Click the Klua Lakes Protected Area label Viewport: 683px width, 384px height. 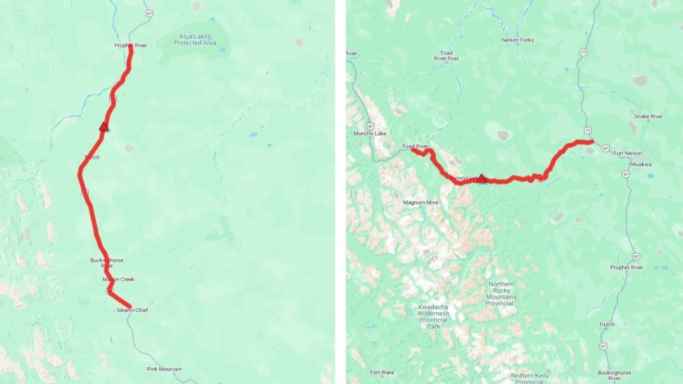195,39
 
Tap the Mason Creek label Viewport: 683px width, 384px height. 118,279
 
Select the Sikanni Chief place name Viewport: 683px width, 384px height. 131,310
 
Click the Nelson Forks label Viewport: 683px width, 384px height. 518,40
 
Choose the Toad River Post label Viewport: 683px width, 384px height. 446,55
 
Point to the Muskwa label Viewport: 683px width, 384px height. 642,164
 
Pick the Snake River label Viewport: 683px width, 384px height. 647,117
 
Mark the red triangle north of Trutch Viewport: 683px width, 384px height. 103,126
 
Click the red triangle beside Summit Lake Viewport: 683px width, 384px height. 482,179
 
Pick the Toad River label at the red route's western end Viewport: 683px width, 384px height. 414,147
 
